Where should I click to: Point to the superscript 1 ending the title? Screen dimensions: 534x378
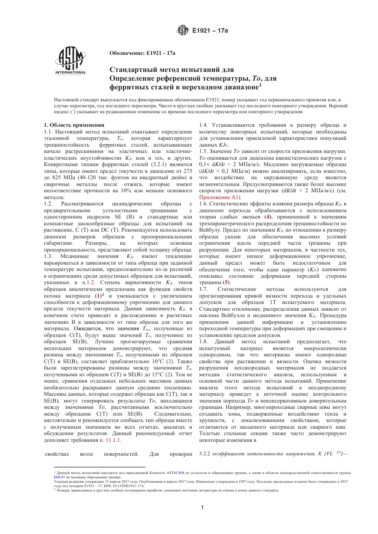pyautogui.click(x=260, y=84)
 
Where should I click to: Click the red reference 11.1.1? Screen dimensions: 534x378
pyautogui.click(x=113, y=440)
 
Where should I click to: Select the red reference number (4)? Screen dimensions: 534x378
pyautogui.click(x=269, y=217)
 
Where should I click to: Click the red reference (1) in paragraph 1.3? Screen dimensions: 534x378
pyautogui.click(x=97, y=296)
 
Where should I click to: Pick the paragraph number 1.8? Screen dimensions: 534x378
pyautogui.click(x=203, y=341)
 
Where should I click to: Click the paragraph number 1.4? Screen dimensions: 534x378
pyautogui.click(x=203, y=125)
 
